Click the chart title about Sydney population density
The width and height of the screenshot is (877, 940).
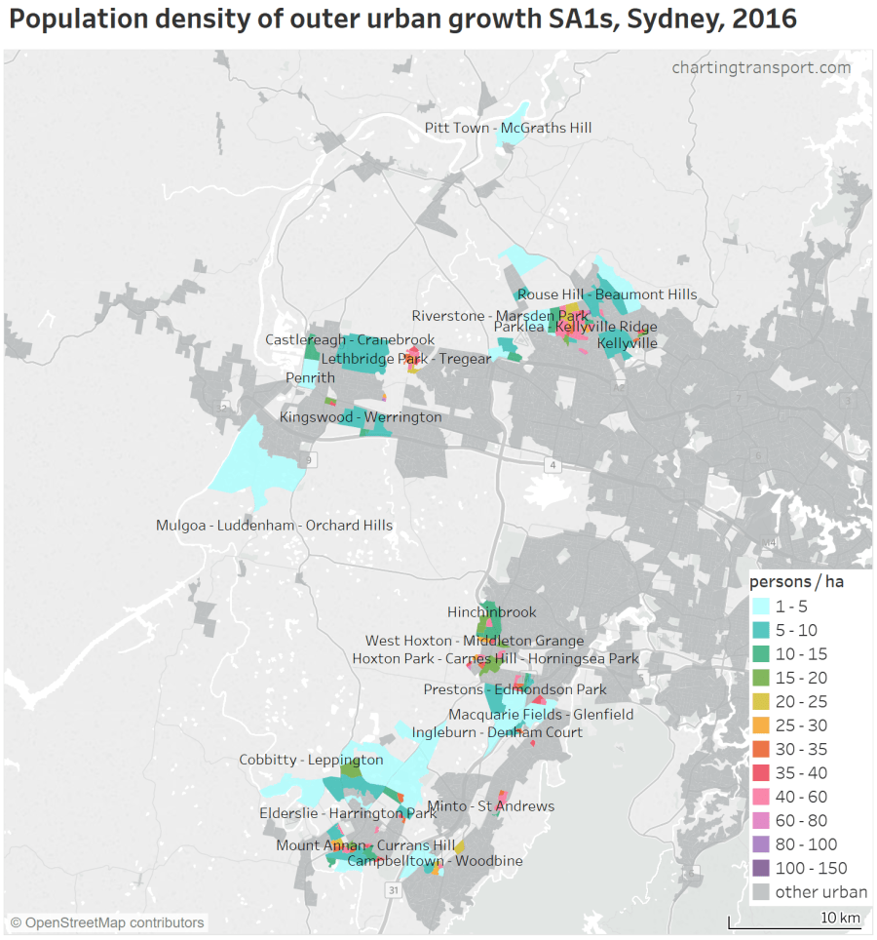pos(402,20)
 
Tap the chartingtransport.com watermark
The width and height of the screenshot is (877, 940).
pos(760,67)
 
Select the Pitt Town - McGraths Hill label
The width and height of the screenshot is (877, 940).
pos(508,128)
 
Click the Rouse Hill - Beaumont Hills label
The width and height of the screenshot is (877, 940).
pos(607,294)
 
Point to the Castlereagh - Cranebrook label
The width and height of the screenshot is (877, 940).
pos(350,339)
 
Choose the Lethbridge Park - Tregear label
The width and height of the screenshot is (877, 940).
pos(406,359)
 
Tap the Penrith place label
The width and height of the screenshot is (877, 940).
pos(310,377)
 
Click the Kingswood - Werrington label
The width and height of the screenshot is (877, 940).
pos(361,417)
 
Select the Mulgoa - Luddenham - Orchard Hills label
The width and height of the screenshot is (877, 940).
pos(274,526)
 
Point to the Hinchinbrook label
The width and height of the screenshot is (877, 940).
pos(492,612)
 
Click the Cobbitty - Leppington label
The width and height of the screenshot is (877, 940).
pos(311,760)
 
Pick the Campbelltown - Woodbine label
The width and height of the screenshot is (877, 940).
pos(435,861)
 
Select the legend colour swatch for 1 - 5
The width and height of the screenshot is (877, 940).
pos(761,607)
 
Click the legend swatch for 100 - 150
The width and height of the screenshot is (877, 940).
pos(761,868)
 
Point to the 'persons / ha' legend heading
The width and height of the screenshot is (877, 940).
pos(796,582)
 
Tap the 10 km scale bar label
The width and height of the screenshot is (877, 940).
pos(840,918)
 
